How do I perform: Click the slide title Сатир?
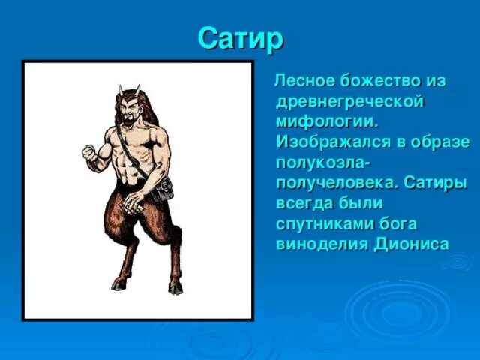[241, 38]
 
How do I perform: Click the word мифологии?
[323, 121]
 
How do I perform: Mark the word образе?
[440, 142]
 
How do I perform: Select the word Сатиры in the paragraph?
[434, 183]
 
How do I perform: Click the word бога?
[398, 223]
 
